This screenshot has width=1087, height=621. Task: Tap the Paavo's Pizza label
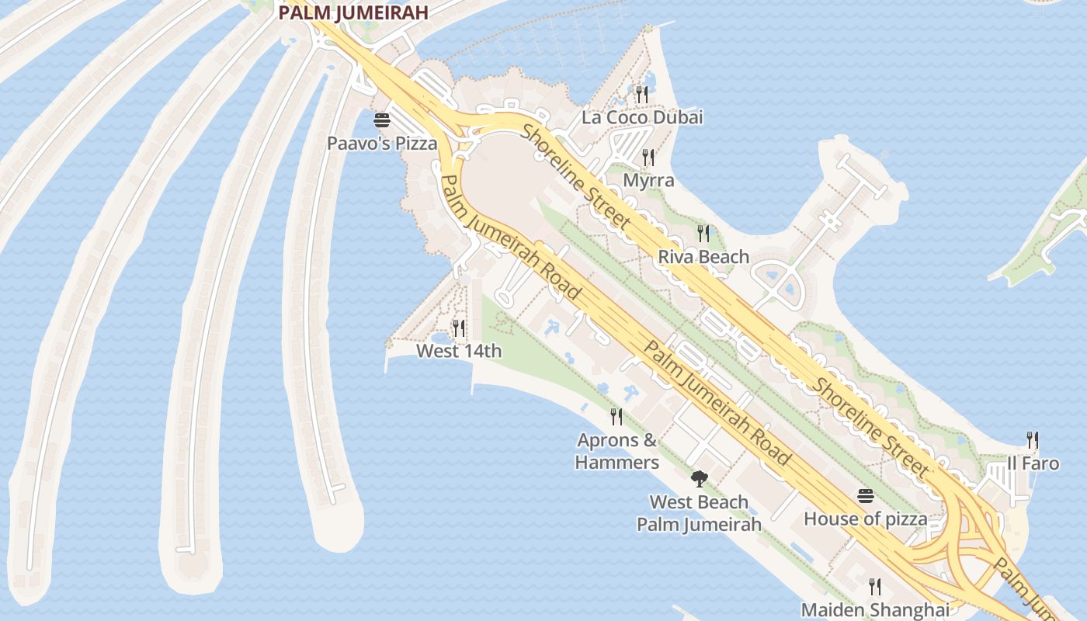[382, 144]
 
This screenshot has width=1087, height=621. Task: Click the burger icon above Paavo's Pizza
[381, 120]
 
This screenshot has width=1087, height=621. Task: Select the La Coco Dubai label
[642, 117]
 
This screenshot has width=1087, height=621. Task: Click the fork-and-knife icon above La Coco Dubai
[641, 95]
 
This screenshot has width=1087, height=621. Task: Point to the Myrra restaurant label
[649, 181]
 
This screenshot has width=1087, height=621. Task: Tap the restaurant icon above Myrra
[648, 158]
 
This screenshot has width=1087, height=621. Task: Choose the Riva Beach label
[703, 257]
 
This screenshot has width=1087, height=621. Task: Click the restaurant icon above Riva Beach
[703, 234]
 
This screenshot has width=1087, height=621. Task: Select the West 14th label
[459, 351]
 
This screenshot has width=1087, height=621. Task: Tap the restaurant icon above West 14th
[459, 328]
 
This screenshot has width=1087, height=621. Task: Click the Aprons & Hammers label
[617, 451]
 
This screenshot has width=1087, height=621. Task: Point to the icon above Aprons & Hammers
[616, 417]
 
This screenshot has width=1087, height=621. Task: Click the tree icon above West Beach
[699, 478]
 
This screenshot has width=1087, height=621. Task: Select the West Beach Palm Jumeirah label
[699, 513]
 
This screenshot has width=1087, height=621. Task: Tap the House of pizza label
[865, 519]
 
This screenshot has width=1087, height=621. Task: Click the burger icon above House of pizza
[865, 496]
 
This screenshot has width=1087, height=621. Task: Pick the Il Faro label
[1033, 463]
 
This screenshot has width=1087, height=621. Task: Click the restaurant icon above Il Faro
[1033, 440]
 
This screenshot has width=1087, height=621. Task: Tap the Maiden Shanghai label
[875, 609]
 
